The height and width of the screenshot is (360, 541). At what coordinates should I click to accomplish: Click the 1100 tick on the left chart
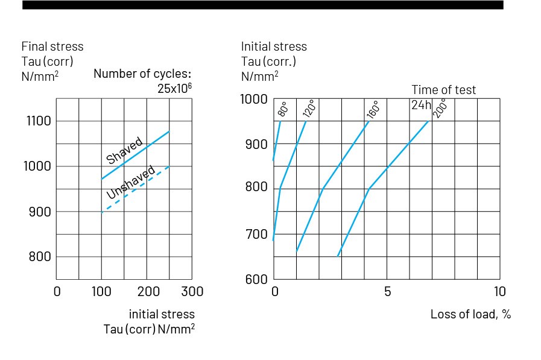click(x=38, y=121)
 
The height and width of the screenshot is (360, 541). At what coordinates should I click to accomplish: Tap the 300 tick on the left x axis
click(x=192, y=292)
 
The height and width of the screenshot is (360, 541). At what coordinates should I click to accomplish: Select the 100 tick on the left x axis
click(x=101, y=292)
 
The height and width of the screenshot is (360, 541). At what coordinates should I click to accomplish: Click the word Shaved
click(x=125, y=150)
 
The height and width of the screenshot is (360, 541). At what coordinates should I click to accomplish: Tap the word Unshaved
click(x=130, y=183)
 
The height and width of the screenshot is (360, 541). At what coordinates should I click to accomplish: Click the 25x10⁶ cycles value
click(x=174, y=89)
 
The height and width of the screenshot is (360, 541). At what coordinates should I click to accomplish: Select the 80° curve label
click(x=283, y=109)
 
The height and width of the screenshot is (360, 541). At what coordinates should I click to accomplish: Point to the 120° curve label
click(x=309, y=109)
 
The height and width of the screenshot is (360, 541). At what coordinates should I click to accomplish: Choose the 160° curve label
click(x=372, y=109)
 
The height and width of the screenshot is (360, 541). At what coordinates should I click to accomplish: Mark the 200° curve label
click(x=441, y=108)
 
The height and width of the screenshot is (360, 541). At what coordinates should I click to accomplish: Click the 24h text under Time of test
click(x=421, y=104)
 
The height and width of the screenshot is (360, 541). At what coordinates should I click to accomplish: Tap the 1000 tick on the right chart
click(x=253, y=99)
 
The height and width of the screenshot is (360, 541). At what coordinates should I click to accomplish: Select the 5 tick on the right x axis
click(x=387, y=292)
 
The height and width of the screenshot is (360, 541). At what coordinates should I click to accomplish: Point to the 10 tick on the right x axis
click(x=500, y=292)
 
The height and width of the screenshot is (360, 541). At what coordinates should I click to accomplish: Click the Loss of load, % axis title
click(x=470, y=314)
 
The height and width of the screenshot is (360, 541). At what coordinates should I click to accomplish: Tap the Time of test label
click(x=444, y=90)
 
